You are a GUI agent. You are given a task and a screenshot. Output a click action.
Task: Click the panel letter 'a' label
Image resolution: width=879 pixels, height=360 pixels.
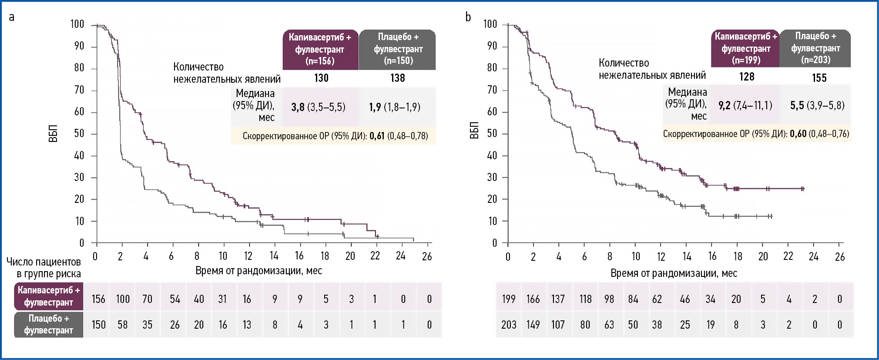click(12, 17)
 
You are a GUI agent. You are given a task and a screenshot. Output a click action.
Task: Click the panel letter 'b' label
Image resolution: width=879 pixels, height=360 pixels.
click(468, 17)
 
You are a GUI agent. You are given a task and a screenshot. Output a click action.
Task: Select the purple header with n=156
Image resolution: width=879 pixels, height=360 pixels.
click(320, 49)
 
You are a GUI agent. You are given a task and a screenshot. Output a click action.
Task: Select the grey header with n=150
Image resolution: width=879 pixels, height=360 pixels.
click(398, 49)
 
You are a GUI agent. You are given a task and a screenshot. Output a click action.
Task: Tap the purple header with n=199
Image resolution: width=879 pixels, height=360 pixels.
click(745, 48)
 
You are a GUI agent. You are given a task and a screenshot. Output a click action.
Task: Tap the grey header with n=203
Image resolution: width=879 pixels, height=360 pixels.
click(815, 48)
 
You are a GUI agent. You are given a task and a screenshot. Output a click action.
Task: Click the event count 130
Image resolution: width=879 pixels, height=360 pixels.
click(321, 78)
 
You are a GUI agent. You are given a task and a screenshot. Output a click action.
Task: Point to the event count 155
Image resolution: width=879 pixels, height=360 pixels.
click(819, 78)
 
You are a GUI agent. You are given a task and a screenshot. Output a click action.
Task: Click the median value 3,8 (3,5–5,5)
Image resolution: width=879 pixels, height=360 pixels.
click(318, 107)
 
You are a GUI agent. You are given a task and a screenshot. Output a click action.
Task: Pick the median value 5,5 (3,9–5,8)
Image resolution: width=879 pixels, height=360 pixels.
click(817, 105)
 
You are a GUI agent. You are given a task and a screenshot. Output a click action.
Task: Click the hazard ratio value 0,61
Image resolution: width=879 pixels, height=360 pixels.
click(377, 136)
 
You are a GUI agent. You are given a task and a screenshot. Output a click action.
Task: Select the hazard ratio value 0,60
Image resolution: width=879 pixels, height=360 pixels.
click(798, 134)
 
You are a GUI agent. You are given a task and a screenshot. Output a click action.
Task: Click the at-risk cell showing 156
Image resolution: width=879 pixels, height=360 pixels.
click(98, 299)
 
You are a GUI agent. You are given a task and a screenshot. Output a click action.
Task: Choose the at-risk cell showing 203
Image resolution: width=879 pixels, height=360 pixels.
click(509, 325)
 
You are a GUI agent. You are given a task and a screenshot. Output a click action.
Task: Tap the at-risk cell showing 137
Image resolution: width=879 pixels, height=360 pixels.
click(558, 299)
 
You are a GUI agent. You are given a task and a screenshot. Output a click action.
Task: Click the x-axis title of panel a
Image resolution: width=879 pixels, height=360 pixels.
click(258, 271)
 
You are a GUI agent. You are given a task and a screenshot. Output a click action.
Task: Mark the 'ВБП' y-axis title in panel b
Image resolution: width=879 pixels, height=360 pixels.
click(475, 131)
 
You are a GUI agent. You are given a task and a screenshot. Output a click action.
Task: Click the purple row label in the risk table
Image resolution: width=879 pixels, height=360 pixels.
click(49, 296)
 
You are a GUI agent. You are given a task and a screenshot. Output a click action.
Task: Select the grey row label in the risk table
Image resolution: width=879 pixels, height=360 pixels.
click(49, 324)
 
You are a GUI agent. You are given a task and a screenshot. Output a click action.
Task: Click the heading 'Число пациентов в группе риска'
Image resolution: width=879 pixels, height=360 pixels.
click(44, 268)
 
